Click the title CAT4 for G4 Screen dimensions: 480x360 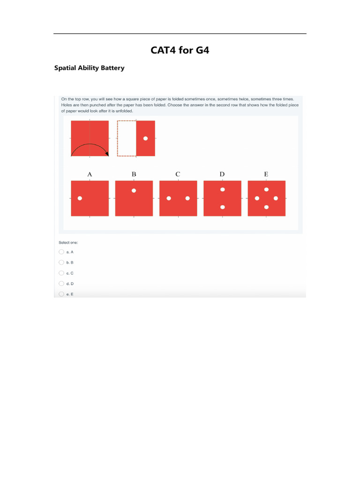click(x=180, y=50)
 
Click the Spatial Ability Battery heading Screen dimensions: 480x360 click(x=90, y=68)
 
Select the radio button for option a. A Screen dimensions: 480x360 click(x=61, y=251)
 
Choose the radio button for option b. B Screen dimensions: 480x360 click(x=61, y=262)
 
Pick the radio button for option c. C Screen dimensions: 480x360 click(x=61, y=273)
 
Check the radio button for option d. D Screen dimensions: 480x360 click(x=61, y=284)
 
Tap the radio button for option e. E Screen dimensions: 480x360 click(x=61, y=294)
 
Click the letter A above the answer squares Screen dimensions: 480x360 click(x=90, y=174)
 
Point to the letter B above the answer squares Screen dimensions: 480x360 click(x=134, y=174)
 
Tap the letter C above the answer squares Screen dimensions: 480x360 click(x=178, y=174)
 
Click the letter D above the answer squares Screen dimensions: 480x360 click(x=222, y=174)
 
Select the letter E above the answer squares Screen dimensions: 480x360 click(x=266, y=174)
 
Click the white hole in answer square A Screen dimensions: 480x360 click(x=80, y=198)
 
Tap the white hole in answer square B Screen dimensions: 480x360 click(x=134, y=190)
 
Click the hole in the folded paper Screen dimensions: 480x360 click(x=145, y=138)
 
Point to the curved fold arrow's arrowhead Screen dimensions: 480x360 click(x=107, y=153)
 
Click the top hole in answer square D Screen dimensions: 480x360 click(x=223, y=189)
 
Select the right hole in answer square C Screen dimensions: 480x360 click(x=187, y=198)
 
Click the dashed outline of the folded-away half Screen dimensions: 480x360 click(x=118, y=138)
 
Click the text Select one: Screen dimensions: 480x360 click(x=68, y=242)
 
